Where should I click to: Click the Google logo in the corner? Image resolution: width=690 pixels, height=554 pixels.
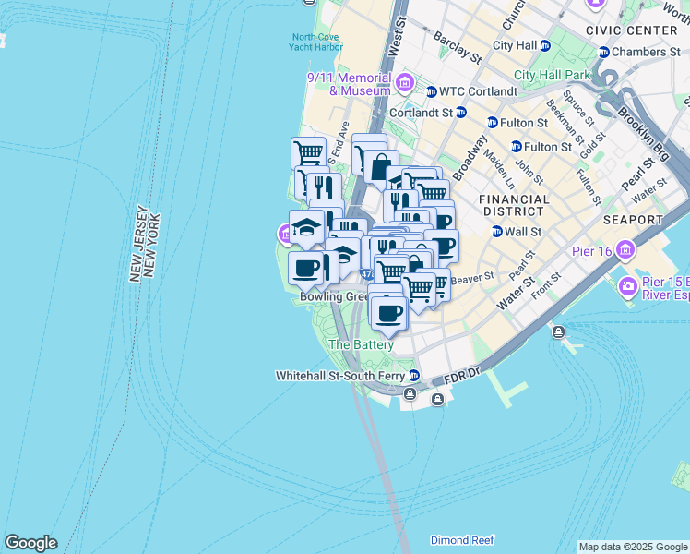tap(30, 543)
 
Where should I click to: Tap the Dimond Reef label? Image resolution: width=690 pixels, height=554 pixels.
tap(462, 540)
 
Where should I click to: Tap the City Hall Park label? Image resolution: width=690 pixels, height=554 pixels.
tap(551, 75)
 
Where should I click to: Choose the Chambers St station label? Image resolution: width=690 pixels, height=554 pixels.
tap(646, 52)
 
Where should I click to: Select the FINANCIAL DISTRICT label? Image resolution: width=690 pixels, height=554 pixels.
tap(514, 205)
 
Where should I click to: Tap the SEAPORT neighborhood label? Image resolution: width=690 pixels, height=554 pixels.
tap(633, 220)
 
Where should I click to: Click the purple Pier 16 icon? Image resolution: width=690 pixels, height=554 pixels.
tap(626, 250)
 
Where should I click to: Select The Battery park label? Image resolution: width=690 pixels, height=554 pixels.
tap(362, 344)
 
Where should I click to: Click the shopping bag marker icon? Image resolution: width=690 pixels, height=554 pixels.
tap(380, 168)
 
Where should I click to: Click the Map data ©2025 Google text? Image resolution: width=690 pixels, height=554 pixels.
tap(633, 547)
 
